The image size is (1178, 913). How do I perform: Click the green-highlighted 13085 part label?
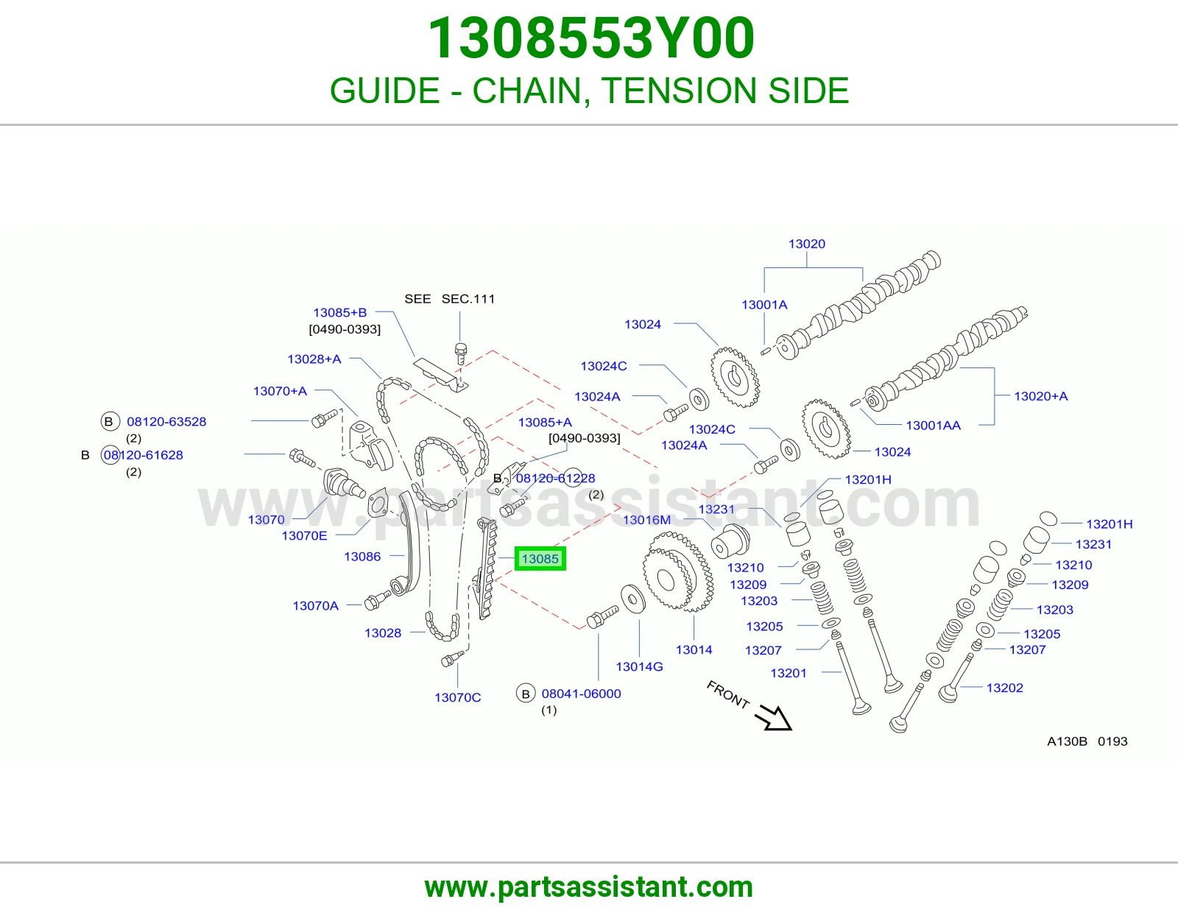coord(540,559)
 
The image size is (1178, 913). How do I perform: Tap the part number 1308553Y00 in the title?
coord(590,38)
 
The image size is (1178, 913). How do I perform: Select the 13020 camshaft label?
coord(807,244)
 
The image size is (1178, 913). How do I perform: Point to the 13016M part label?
coord(646,520)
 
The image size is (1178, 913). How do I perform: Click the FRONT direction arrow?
coord(774,716)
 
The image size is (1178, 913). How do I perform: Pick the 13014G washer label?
coord(639,666)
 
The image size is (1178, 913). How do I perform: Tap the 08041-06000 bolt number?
coord(581,694)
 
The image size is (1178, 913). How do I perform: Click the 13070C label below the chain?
coord(457,697)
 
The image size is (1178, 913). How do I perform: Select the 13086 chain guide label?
coord(362,556)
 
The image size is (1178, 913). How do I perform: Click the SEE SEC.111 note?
coord(449,299)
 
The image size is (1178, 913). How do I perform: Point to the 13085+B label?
coord(340,312)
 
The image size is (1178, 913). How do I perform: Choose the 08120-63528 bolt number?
coord(166,421)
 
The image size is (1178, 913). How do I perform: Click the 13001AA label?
coord(933,426)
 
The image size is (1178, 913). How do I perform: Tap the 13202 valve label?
coord(1004,688)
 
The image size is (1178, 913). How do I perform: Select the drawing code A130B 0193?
coord(1087,741)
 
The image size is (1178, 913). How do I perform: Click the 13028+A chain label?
coord(314,359)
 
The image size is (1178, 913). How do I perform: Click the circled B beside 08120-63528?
coord(110,421)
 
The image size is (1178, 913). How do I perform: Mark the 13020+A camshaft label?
coord(1041,396)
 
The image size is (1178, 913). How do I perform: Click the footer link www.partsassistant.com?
coord(589,887)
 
